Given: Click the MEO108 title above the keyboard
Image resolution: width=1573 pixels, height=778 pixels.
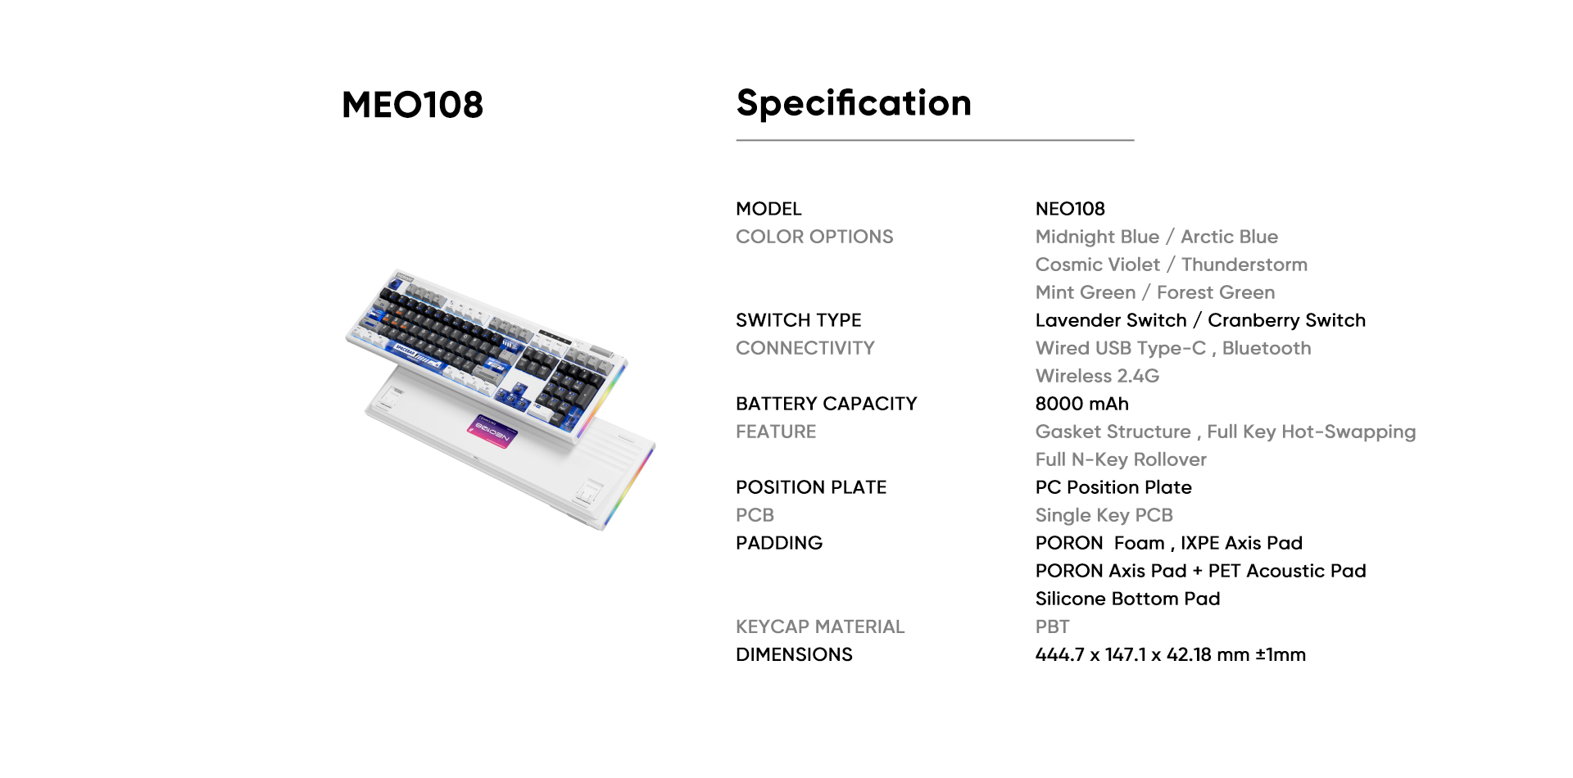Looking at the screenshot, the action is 412,105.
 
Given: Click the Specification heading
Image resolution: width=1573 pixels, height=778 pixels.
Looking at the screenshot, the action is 854,103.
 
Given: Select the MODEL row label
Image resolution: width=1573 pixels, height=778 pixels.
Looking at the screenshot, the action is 768,209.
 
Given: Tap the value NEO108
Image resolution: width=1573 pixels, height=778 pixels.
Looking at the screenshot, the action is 1070,209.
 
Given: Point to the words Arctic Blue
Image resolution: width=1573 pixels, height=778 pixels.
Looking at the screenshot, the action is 1229,237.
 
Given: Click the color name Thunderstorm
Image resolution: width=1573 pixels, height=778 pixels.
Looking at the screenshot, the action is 1244,265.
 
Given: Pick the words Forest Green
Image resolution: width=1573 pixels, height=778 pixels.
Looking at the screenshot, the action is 1216,292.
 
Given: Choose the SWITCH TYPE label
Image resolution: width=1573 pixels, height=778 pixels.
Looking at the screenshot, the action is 798,320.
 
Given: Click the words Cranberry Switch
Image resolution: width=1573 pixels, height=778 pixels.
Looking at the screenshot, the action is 1286,320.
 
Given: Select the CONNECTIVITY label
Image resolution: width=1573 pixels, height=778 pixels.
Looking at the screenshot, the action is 805,348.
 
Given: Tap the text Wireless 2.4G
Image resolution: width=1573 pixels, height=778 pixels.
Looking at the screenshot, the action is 1097,376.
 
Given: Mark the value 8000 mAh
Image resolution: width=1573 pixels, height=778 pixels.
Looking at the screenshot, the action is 1081,404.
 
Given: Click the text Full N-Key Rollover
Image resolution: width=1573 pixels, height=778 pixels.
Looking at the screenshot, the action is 1121,459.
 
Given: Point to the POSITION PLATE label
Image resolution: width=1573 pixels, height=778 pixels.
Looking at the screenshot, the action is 811,487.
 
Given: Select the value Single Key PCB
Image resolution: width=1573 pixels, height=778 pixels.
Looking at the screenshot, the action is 1104,515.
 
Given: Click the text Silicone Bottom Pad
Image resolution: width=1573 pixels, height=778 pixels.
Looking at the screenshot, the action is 1127,599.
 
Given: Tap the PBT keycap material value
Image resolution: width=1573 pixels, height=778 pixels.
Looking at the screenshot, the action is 1052,626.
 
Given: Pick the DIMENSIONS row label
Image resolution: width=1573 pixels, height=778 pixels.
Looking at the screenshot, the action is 794,654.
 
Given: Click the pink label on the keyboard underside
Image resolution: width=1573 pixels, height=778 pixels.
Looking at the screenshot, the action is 493,431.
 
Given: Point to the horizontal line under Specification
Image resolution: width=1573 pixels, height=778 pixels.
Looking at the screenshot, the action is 935,140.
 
